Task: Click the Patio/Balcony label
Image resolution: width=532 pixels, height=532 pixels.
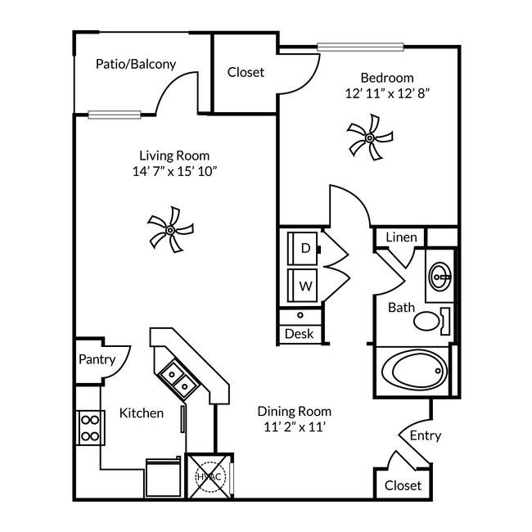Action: [x=136, y=64]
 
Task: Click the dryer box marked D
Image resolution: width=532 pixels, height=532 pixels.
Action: [x=305, y=248]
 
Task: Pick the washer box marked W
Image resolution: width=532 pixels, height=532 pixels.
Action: [x=305, y=286]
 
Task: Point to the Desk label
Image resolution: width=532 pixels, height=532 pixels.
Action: [x=299, y=334]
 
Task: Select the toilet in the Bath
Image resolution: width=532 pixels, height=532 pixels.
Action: [x=430, y=320]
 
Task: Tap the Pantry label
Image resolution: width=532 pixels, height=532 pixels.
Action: [x=97, y=359]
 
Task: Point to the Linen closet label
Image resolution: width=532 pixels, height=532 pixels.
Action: [x=402, y=238]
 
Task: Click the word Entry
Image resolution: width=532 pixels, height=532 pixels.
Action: [x=425, y=435]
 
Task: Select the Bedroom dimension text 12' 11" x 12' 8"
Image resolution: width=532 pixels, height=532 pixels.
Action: [x=387, y=93]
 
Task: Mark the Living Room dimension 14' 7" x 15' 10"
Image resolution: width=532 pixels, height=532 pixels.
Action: [x=174, y=171]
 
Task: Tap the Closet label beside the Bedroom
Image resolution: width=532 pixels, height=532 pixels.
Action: [x=246, y=72]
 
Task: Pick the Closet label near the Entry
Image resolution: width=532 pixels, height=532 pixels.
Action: [x=403, y=485]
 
